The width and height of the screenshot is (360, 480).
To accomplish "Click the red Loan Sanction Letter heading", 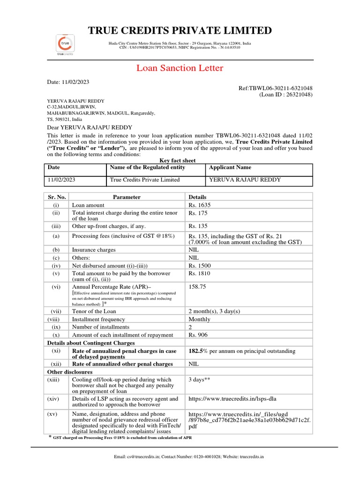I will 180,68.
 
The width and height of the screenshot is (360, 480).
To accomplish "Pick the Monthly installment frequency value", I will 199,319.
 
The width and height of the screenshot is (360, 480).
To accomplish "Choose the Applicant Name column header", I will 230,167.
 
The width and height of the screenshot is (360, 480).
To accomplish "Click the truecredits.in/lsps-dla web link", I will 235,399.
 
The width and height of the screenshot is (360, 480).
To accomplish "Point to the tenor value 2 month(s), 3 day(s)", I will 214,311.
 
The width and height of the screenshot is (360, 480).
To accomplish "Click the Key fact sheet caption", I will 178,160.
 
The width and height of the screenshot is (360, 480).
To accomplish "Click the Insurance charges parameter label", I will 94,250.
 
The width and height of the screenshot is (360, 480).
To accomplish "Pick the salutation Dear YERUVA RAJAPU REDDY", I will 90,127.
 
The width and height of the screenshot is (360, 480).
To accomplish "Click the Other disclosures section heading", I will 70,372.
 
